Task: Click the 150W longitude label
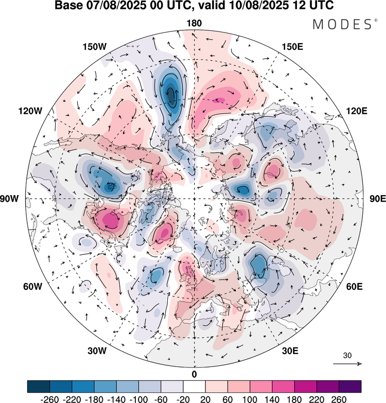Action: [94, 47]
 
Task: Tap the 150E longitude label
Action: [293, 47]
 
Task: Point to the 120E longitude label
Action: [357, 111]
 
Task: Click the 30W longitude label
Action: [97, 351]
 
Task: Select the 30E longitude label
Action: [291, 351]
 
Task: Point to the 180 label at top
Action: [194, 23]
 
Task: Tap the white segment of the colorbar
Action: [194, 386]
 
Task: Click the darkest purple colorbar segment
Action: [350, 386]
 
